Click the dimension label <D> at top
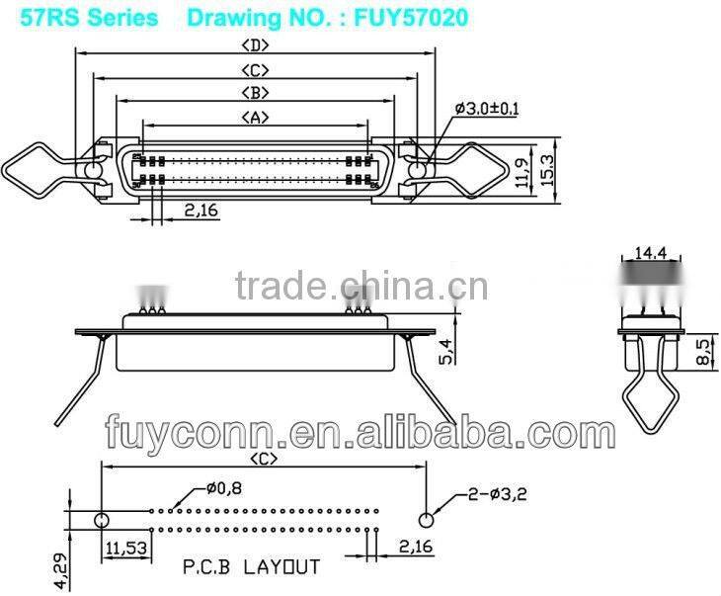256,45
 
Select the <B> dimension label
256,93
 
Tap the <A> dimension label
256,118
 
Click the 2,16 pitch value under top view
201,209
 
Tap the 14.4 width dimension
649,254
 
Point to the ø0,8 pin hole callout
224,487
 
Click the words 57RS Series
81,17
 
